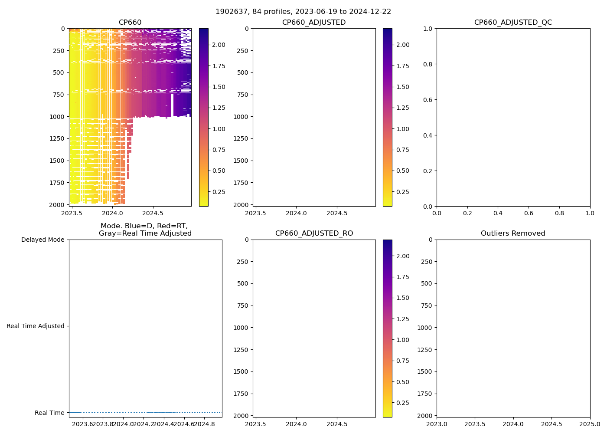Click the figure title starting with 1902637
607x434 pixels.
[x=303, y=12]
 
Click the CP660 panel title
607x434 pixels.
[x=130, y=23]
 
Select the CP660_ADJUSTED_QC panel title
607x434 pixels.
[x=513, y=23]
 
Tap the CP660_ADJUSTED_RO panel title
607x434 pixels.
[x=314, y=233]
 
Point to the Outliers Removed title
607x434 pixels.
[x=513, y=233]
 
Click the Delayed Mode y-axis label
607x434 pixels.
[x=42, y=240]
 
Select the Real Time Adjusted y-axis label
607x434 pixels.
[x=35, y=326]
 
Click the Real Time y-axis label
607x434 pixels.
[x=49, y=413]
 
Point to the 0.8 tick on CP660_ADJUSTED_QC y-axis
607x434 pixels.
[x=428, y=64]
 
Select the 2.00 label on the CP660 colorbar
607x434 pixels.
[x=219, y=45]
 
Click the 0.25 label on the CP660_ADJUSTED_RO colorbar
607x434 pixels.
[x=402, y=403]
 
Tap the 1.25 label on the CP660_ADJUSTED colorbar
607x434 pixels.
[x=402, y=108]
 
